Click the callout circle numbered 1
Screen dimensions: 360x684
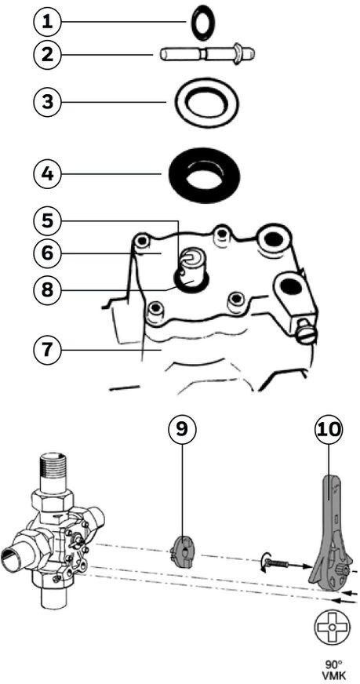coord(49,21)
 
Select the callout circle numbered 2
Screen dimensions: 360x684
coord(49,55)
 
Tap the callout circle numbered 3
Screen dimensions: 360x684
coord(49,102)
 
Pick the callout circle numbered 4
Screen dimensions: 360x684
coord(49,174)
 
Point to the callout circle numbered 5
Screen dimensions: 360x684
coord(49,221)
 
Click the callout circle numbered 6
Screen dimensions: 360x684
coord(49,253)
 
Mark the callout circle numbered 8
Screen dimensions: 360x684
coord(49,289)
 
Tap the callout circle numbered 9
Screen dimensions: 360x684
coord(183,429)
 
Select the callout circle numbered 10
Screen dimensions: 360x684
coord(329,429)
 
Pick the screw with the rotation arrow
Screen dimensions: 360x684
coord(276,564)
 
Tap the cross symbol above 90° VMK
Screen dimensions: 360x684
coord(332,627)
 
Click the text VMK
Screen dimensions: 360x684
coord(333,677)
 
